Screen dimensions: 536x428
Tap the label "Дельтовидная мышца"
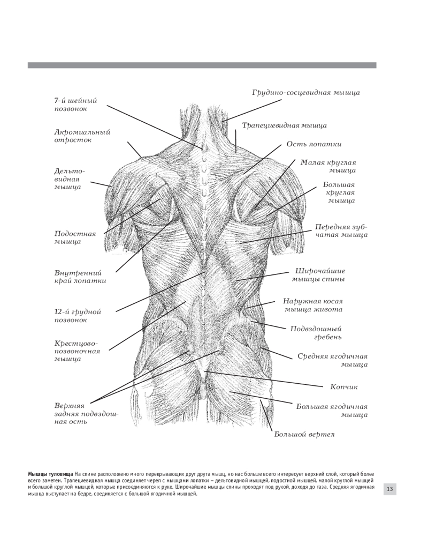tap(69, 179)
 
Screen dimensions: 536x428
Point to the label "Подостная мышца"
tap(75, 237)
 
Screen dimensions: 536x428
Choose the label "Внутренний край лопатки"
tap(80, 276)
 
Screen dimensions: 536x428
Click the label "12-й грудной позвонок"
tap(78, 316)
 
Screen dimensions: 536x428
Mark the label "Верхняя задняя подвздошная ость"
tap(86, 413)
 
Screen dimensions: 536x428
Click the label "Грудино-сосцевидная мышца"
tap(306, 93)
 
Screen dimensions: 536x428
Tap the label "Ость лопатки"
tap(314, 144)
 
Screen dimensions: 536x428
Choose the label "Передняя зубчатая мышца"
tap(341, 230)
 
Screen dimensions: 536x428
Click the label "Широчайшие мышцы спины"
tap(318, 274)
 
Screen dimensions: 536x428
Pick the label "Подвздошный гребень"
tap(316, 332)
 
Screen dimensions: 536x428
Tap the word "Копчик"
tap(344, 386)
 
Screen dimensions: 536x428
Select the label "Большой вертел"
tap(304, 434)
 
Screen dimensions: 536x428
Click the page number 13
tap(389, 489)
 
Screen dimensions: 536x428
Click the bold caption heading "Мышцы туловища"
tap(50, 475)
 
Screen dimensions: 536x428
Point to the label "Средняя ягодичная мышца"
tap(333, 360)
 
